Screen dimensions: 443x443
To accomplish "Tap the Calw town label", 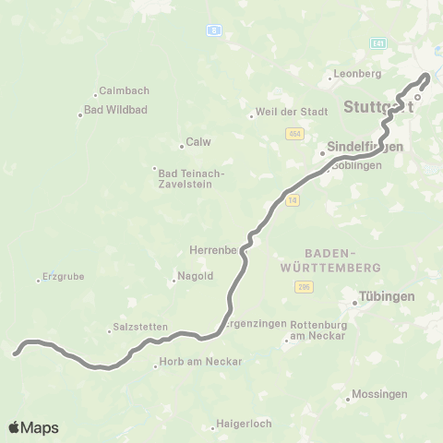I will click(198, 142).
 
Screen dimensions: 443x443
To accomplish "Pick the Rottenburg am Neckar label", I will click(317, 330).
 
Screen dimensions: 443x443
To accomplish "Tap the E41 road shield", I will click(377, 42).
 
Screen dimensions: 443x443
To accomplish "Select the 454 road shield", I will click(294, 134).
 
